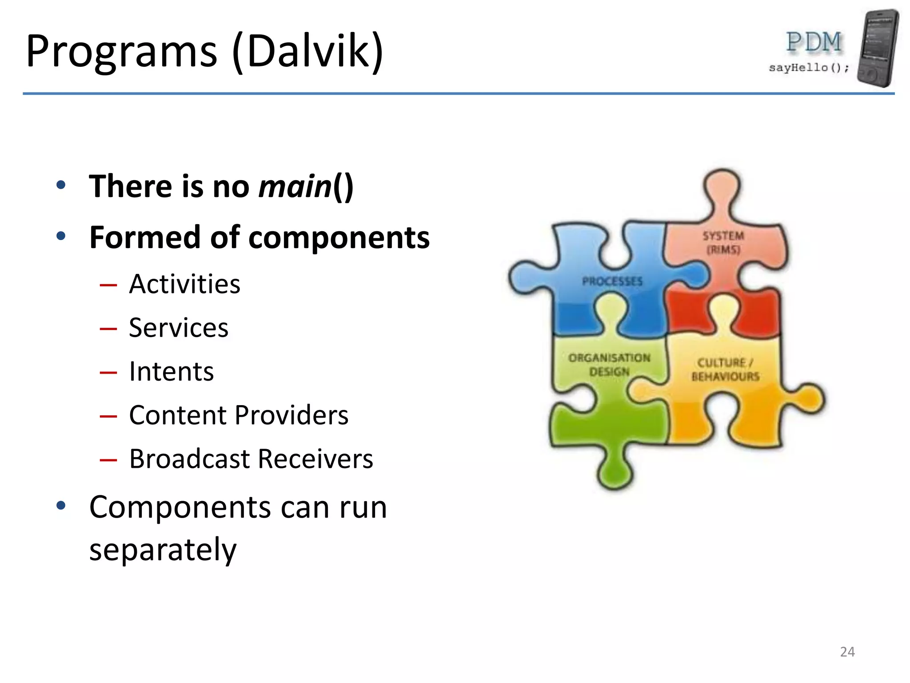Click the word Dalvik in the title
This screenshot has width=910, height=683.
[x=308, y=51]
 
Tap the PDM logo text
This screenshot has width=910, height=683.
[x=814, y=42]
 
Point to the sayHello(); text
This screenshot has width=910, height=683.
[x=809, y=68]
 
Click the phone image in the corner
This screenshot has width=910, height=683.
[x=878, y=48]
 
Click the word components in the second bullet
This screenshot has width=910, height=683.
[x=339, y=237]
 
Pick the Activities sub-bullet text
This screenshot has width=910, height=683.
[x=184, y=284]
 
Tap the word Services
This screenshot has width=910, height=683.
[x=179, y=328]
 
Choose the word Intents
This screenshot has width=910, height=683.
[x=172, y=371]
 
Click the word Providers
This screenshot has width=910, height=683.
[x=291, y=415]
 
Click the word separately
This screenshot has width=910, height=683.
[x=163, y=550]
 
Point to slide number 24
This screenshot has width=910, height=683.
[x=847, y=652]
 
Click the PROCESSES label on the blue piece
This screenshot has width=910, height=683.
[x=612, y=281]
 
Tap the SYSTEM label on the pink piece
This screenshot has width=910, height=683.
[x=723, y=236]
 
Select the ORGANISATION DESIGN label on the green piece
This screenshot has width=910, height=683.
[x=609, y=365]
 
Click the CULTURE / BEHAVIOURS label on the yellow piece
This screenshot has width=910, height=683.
[x=725, y=370]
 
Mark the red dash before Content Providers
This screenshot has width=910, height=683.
[x=108, y=416]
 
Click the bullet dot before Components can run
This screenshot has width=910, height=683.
[x=61, y=506]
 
